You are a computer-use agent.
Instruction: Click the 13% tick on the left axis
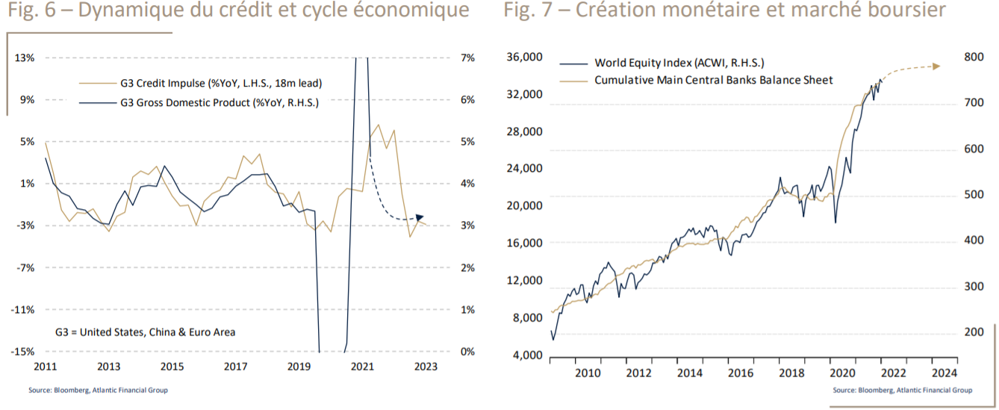25,58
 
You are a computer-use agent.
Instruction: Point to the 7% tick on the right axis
469,58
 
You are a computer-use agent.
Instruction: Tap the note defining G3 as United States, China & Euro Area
146,332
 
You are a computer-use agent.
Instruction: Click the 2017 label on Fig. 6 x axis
236,367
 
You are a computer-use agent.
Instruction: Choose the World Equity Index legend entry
679,63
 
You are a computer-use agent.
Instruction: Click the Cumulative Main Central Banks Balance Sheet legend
713,80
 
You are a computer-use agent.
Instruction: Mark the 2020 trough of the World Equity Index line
835,223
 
